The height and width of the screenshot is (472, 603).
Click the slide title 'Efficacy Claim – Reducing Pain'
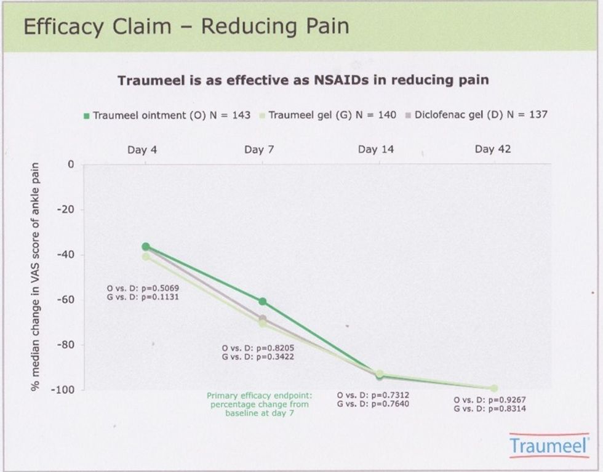[186, 26]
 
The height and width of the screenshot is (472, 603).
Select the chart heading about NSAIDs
[303, 81]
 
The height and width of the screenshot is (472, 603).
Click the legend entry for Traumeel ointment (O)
[167, 115]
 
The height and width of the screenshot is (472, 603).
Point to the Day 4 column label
[142, 150]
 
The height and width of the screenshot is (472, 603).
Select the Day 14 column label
[376, 150]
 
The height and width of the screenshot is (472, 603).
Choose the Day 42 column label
[493, 150]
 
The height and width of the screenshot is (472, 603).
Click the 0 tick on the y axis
[71, 165]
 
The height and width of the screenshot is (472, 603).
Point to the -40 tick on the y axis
[65, 255]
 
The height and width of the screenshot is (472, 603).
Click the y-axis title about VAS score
[36, 277]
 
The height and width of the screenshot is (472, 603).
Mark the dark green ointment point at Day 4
[146, 246]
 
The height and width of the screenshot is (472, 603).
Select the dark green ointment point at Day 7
[263, 302]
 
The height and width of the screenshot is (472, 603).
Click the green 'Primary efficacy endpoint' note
[258, 405]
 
